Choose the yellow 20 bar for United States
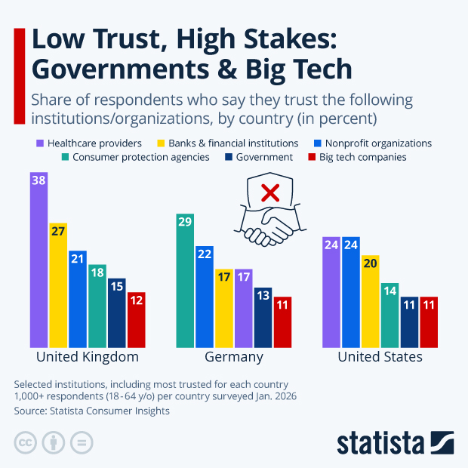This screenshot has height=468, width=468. (x=371, y=301)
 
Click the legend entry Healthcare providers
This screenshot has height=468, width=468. (x=88, y=143)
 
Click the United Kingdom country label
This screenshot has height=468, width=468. (x=88, y=357)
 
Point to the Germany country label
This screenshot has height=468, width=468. (x=234, y=357)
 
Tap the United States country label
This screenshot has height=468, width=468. (x=380, y=357)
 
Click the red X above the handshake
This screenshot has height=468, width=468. (x=269, y=195)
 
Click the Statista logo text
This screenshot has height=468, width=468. (x=381, y=442)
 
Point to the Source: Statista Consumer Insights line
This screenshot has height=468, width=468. (x=92, y=411)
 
